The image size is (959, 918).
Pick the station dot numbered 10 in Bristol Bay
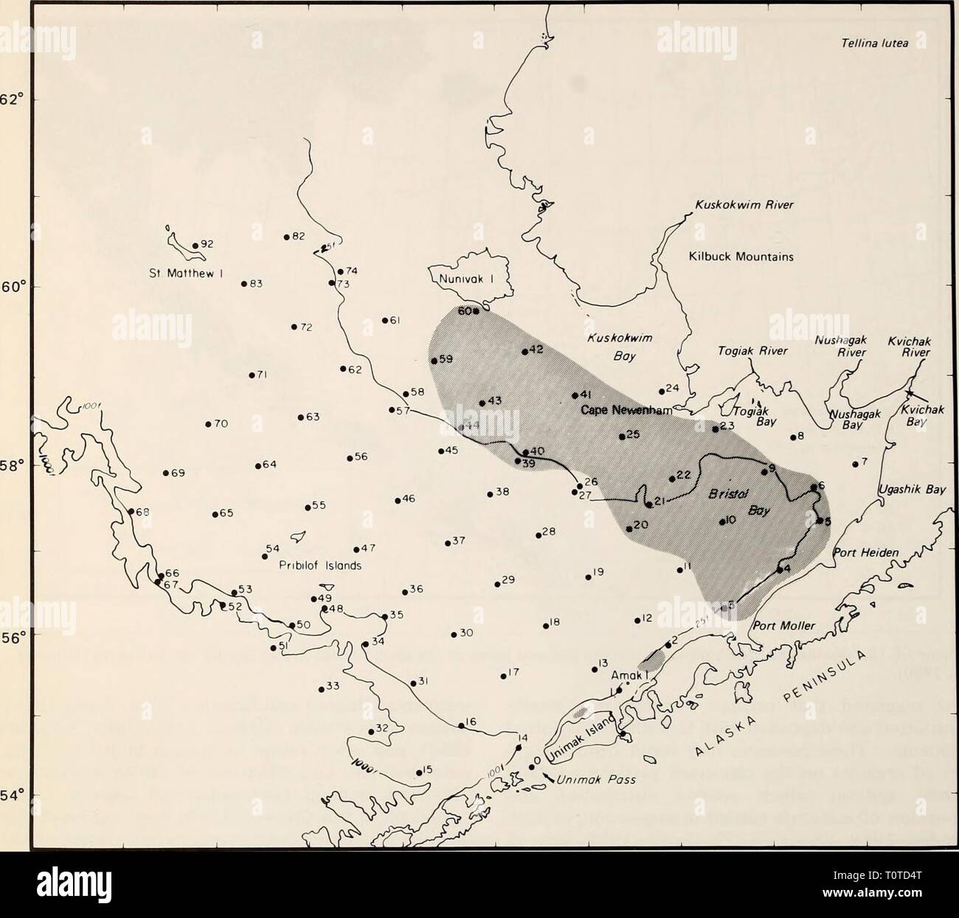[x=721, y=522]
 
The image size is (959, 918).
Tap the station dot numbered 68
[x=131, y=511]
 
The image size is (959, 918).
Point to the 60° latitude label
[x=15, y=286]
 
